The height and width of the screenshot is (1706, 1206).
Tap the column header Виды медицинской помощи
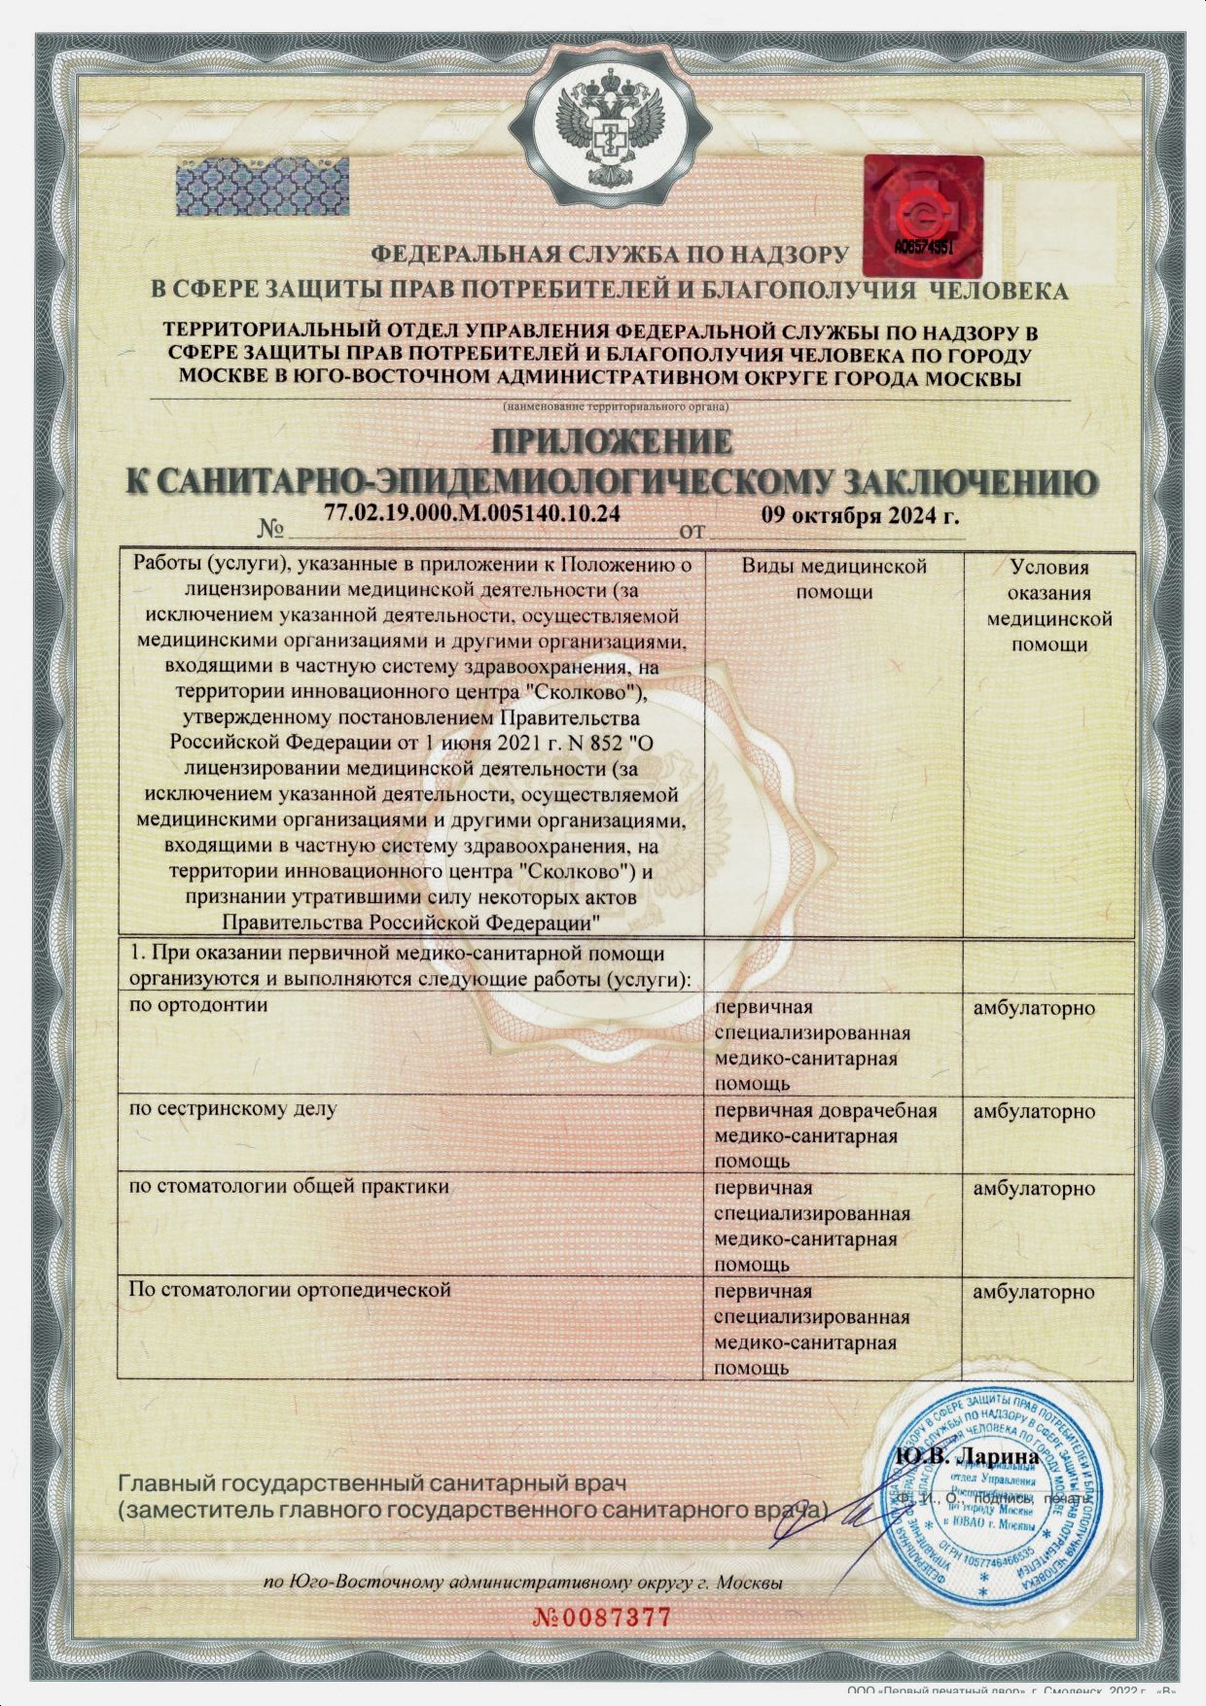(x=834, y=578)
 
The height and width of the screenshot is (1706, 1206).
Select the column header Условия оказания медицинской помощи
(x=1048, y=606)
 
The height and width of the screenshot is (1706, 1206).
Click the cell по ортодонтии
(x=198, y=1005)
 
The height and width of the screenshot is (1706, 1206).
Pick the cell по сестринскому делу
(x=233, y=1108)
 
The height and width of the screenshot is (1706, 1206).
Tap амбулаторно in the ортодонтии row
(x=1034, y=1008)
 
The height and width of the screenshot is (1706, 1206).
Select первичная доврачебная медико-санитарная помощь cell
(x=825, y=1135)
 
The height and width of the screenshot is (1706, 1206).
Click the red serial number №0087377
(x=602, y=1618)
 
